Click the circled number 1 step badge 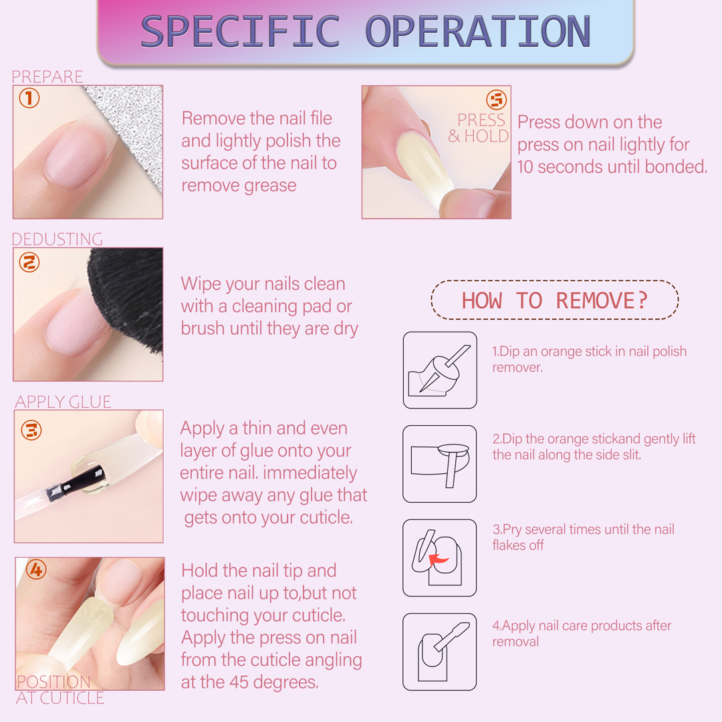tap(29, 98)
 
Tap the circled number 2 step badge tap(29, 262)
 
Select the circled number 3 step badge tap(31, 430)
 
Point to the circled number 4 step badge tap(36, 570)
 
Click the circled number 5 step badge tap(496, 100)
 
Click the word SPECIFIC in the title tap(240, 31)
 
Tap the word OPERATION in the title tap(477, 31)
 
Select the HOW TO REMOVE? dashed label tap(554, 300)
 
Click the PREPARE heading tap(47, 76)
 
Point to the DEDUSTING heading tap(57, 239)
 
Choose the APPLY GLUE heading tap(63, 402)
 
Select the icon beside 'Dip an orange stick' tap(440, 370)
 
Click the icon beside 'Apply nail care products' tap(440, 652)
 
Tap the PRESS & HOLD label tap(479, 128)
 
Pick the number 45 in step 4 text tap(239, 682)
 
